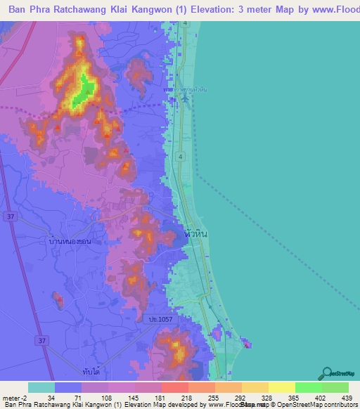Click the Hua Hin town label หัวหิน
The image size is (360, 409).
pyautogui.click(x=195, y=231)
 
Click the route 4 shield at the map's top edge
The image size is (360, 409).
pyautogui.click(x=184, y=23)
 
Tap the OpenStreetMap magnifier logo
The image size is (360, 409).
pyautogui.click(x=327, y=373)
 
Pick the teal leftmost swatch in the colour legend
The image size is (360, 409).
pyautogui.click(x=41, y=387)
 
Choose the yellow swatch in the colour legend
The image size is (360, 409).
pyautogui.click(x=281, y=387)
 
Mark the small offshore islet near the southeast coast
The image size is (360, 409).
pyautogui.click(x=246, y=344)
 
